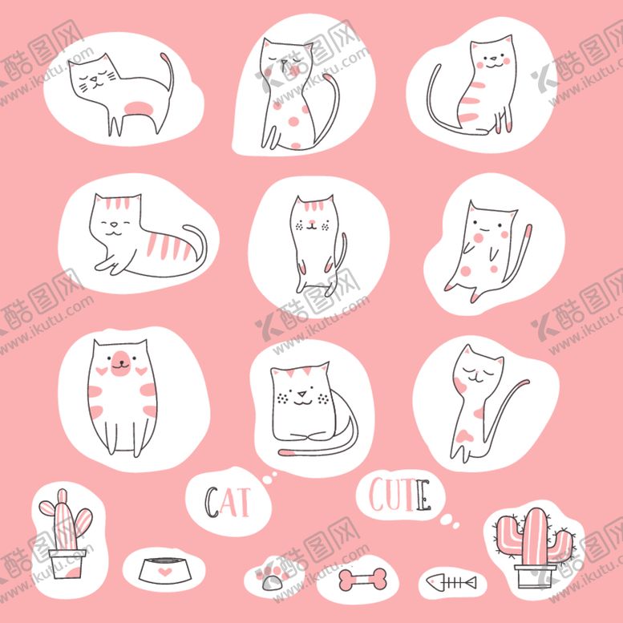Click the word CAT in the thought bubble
227,501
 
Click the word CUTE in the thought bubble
400,495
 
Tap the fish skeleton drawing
451,583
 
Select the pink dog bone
362,579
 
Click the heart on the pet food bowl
165,572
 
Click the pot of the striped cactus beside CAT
67,564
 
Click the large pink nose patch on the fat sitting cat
120,363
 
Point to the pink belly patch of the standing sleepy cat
138,108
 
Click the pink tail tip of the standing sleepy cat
166,59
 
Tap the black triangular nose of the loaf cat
302,394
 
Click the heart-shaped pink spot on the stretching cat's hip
464,436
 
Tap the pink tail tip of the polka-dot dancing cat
528,231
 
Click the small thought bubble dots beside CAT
269,478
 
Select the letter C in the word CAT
211,502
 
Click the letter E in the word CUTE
424,495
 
